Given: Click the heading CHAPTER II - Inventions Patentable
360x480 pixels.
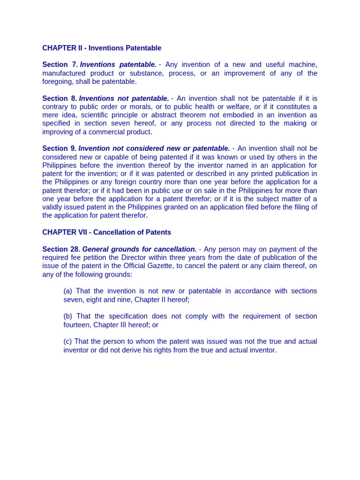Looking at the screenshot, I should coord(102,48).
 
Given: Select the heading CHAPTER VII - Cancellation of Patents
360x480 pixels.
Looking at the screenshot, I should coord(106,232).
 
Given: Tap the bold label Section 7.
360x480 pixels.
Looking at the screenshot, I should coord(60,65).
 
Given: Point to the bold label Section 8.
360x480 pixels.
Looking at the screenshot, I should coord(59,98).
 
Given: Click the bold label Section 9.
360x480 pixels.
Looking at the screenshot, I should coord(59,149).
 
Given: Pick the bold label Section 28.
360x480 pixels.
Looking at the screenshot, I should coord(61,249).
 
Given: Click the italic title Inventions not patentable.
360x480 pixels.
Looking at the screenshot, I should coord(124,98).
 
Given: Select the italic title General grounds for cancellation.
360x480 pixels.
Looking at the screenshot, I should coord(139,249).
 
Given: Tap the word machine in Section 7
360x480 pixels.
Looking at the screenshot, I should coord(303,65).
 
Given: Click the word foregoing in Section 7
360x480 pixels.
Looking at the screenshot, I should coord(58,82).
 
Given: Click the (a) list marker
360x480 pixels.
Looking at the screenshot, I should coord(68,291).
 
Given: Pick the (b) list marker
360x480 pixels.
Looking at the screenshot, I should coord(68,316).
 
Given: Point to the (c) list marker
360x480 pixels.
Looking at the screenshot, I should coord(68,342).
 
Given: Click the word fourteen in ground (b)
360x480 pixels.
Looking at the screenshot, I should coord(77,325).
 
